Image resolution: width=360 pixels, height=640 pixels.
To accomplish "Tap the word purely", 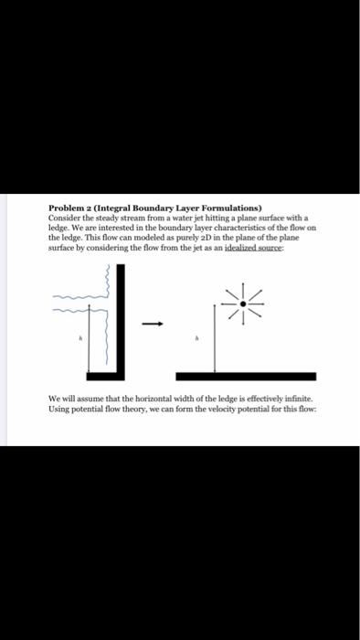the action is coord(150,235).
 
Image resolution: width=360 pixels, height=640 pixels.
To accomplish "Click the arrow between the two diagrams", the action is coord(155,322).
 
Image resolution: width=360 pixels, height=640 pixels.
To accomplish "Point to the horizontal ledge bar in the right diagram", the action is coord(246,376).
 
